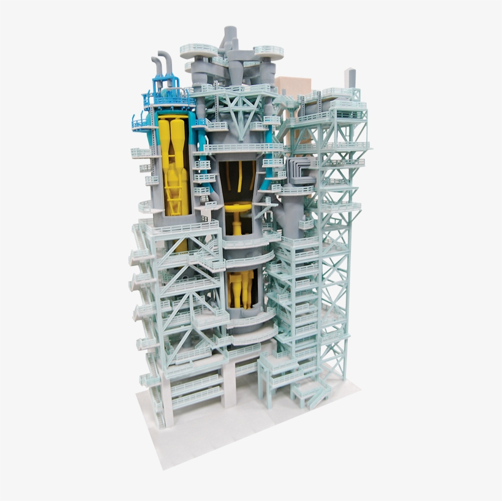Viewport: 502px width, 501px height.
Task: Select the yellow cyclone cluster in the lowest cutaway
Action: point(240,289)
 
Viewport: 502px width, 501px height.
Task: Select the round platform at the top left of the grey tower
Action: point(198,50)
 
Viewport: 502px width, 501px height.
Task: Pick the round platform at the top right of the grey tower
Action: point(268,51)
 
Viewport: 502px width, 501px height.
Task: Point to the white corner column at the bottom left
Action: point(167,404)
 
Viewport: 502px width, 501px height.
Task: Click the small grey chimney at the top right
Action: point(351,78)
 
